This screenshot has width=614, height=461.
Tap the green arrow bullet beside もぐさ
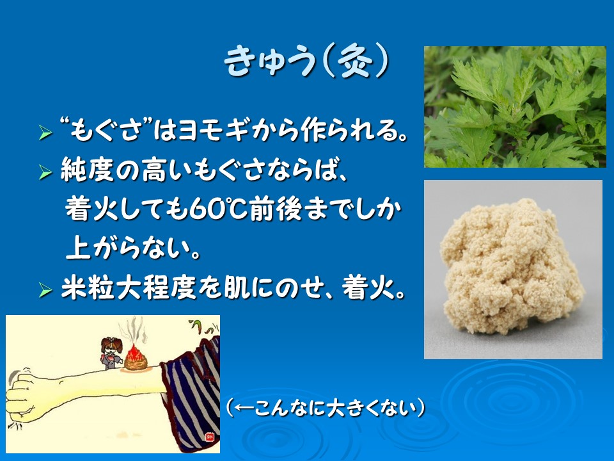pyautogui.click(x=45, y=133)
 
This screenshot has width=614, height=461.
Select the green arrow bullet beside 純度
pyautogui.click(x=45, y=172)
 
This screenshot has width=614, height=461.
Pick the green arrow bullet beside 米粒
pyautogui.click(x=45, y=291)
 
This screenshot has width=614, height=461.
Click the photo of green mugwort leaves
pyautogui.click(x=515, y=107)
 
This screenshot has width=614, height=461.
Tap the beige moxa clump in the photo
pyautogui.click(x=512, y=266)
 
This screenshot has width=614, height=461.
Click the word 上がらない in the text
pyautogui.click(x=133, y=248)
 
